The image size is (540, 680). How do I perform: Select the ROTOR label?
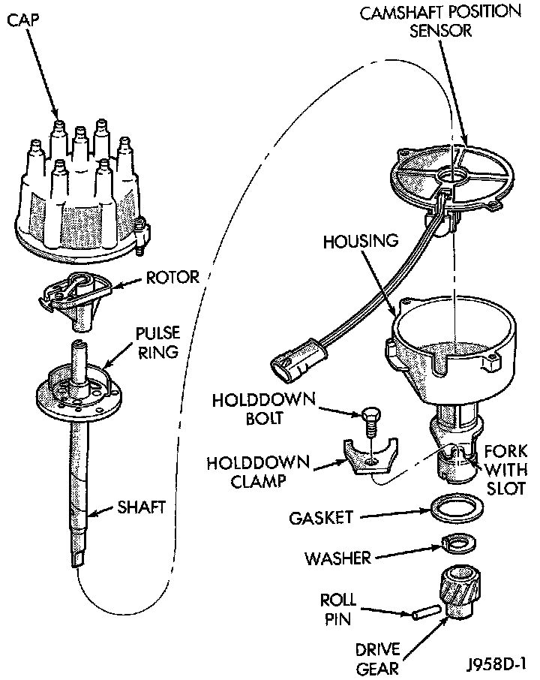pyautogui.click(x=172, y=278)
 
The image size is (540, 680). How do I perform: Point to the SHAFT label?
pyautogui.click(x=140, y=507)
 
